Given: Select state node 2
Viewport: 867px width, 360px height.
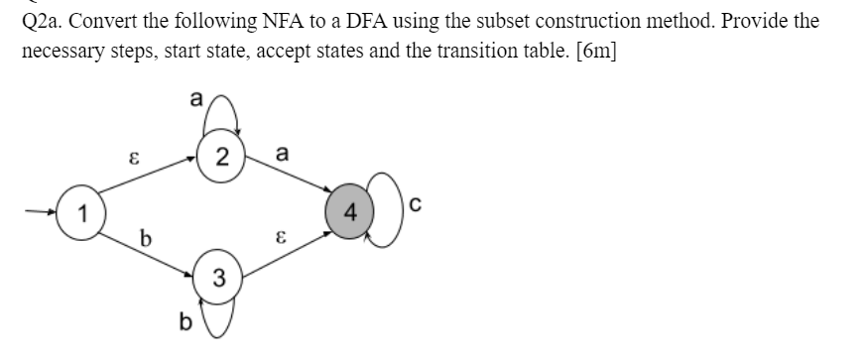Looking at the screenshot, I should pos(222,157).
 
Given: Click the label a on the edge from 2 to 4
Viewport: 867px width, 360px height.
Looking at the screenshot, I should pos(283,154).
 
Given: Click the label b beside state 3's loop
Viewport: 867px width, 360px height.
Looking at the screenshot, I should pos(183,322).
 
